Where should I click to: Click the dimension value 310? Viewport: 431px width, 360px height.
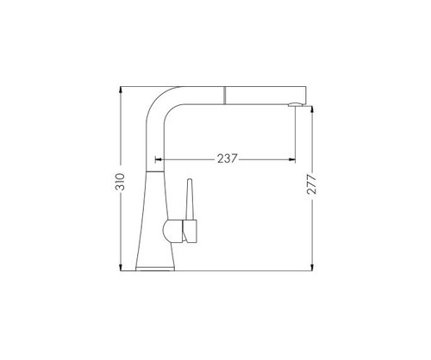(x=121, y=182)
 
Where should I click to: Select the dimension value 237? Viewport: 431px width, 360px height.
(x=228, y=158)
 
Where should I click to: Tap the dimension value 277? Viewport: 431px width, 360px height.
(x=312, y=184)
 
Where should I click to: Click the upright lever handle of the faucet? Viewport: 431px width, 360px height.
(x=190, y=200)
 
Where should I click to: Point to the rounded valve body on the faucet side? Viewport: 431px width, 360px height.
(x=172, y=232)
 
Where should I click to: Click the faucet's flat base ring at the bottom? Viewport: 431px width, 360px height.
(x=155, y=269)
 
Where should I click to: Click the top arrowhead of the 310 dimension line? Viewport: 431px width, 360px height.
(x=121, y=90)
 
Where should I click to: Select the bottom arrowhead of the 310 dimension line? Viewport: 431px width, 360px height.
(x=121, y=268)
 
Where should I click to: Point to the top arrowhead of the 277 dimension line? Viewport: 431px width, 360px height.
(x=312, y=109)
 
